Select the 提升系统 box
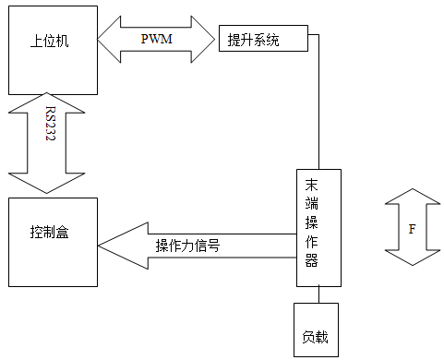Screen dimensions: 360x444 (x=262, y=41)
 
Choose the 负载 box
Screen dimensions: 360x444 (x=316, y=330)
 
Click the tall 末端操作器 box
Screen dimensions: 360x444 (x=318, y=228)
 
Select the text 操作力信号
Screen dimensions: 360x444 (x=187, y=246)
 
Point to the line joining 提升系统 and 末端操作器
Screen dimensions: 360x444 (x=319, y=102)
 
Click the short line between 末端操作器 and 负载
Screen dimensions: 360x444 (x=318, y=294)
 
